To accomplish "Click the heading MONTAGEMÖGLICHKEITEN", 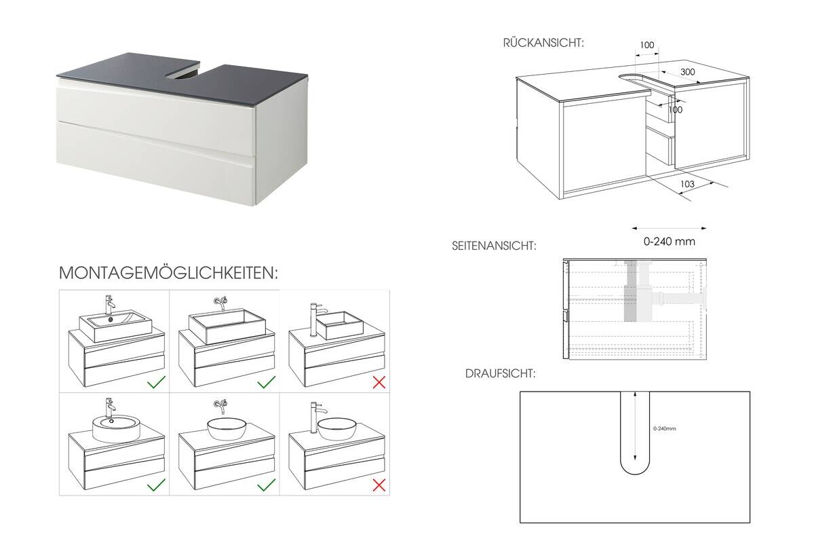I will coord(169,273).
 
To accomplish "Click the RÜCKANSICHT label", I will coord(543,43).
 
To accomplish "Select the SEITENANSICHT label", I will coord(494,246).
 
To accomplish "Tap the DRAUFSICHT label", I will coord(501,374).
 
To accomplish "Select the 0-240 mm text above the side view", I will coord(669,241).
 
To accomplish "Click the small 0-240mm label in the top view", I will coord(665,428).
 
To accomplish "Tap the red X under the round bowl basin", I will coord(379,485).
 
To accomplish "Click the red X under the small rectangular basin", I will coord(379,382).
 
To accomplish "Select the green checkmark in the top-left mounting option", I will coord(157,383).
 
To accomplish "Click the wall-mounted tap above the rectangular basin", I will coord(220,301).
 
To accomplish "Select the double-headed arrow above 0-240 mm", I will coord(669,228).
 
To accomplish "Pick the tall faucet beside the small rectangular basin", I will coord(314,319).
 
